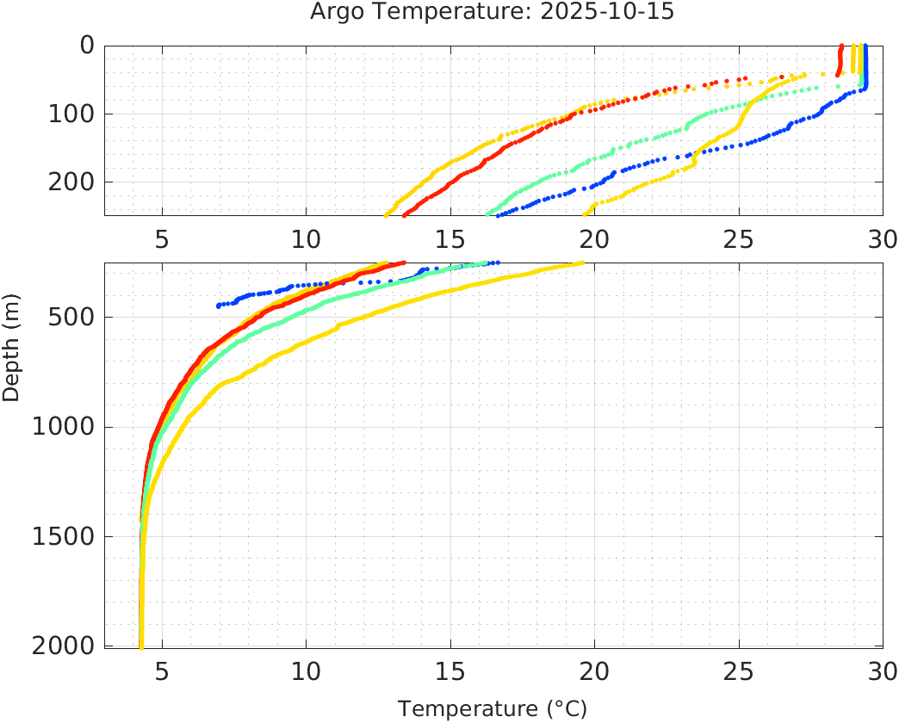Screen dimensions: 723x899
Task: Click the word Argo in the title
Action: pyautogui.click(x=336, y=12)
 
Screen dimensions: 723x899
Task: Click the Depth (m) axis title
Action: pyautogui.click(x=11, y=357)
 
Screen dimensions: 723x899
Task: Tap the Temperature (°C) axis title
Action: pyautogui.click(x=492, y=708)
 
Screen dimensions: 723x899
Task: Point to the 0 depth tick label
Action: pyautogui.click(x=86, y=46)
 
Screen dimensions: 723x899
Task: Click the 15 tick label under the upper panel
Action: pyautogui.click(x=449, y=238)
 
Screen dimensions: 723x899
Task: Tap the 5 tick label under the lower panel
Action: pyautogui.click(x=162, y=670)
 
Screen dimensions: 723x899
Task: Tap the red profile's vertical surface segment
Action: pyautogui.click(x=840, y=60)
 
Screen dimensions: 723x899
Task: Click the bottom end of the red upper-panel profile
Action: pyautogui.click(x=405, y=214)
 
